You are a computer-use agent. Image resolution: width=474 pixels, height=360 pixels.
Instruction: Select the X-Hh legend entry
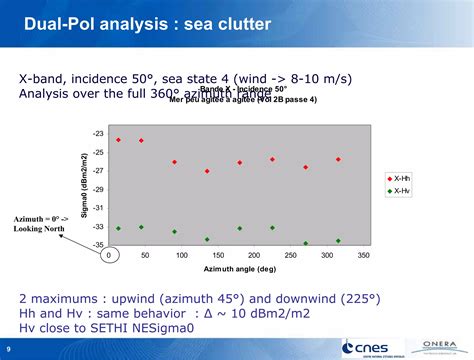(399, 177)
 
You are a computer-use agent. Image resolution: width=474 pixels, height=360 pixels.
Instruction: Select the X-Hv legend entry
(399, 190)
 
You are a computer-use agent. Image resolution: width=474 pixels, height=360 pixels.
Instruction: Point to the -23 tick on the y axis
(98, 134)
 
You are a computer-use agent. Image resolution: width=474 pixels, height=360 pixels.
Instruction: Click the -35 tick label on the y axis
(98, 244)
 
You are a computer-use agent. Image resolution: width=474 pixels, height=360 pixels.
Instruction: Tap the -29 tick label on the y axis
(98, 189)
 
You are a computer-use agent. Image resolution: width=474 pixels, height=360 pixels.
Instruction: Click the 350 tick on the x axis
(363, 256)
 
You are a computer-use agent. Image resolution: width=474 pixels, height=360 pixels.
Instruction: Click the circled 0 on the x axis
(109, 256)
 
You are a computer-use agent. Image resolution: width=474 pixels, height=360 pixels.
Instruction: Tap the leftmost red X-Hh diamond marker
(118, 140)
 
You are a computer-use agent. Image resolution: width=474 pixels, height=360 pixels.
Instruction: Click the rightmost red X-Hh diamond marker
(338, 159)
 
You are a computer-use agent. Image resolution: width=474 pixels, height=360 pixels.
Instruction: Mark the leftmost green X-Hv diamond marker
(118, 228)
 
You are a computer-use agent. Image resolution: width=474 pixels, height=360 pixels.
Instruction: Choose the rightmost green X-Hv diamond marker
(338, 240)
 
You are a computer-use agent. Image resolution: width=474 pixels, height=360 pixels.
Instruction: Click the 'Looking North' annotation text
(39, 229)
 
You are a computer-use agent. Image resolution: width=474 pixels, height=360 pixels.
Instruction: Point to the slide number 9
(9, 349)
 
